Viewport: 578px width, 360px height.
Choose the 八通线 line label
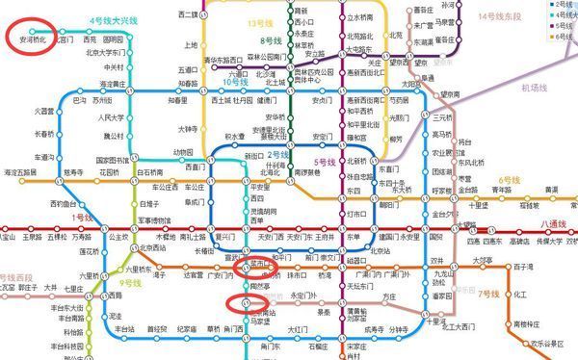pyautogui.click(x=556, y=222)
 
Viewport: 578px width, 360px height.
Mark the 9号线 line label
pyautogui.click(x=119, y=284)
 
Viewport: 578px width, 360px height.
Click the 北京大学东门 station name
pyautogui.click(x=106, y=54)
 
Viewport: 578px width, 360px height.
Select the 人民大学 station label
pyautogui.click(x=114, y=117)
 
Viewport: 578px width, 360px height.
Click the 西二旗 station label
pyautogui.click(x=190, y=16)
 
